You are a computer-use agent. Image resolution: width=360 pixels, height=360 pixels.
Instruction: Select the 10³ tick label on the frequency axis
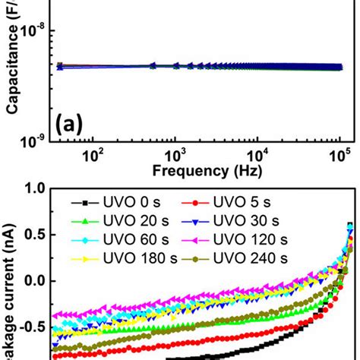point(175,155)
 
